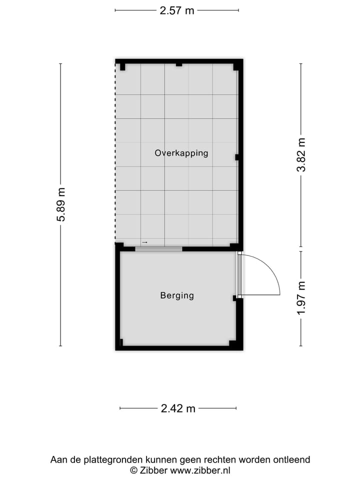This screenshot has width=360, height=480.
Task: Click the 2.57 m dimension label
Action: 177,10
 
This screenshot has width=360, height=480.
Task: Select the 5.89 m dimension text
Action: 61,204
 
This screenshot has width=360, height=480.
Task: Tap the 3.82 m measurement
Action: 301,155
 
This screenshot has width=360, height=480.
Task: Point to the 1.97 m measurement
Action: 301,298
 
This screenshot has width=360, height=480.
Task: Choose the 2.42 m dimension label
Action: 178,408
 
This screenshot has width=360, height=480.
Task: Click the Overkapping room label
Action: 181,153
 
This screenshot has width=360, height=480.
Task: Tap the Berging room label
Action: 177,295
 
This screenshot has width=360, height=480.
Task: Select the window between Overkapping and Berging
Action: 158,248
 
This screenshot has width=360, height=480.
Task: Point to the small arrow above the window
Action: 144,242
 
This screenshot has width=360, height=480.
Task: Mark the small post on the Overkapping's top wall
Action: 179,64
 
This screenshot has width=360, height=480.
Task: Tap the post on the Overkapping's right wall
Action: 237,157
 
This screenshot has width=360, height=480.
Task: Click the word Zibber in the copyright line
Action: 153,470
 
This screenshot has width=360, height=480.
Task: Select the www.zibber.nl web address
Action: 200,470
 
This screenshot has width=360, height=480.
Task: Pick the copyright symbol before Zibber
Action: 133,470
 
